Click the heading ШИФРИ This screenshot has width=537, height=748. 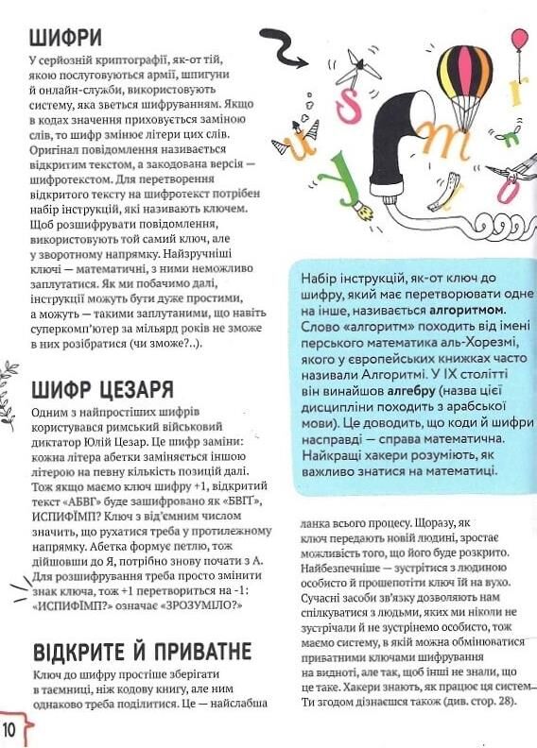click(x=65, y=38)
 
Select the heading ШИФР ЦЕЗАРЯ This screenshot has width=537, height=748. click(x=102, y=388)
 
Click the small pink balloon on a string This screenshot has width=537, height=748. click(x=519, y=39)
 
